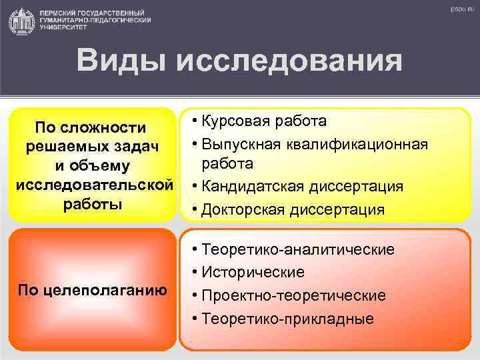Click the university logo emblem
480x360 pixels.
tap(22, 21)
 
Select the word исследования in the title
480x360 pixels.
tap(290, 61)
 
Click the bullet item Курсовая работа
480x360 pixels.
tap(261, 121)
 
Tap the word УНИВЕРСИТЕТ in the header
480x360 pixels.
tap(62, 29)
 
